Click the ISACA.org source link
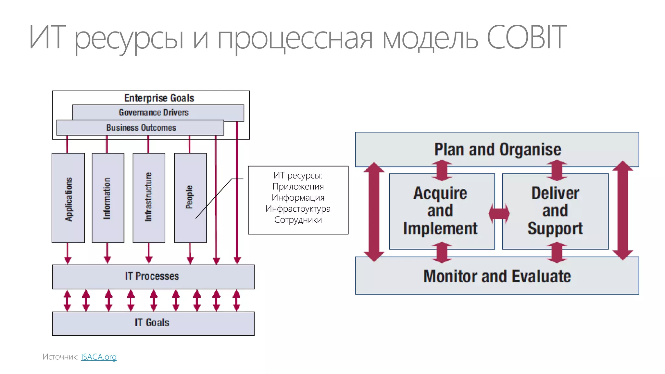[x=99, y=357]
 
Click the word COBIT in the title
[x=527, y=38]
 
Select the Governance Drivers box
[x=154, y=112]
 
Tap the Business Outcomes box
[x=141, y=128]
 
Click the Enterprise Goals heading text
[x=159, y=98]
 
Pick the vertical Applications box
[x=68, y=198]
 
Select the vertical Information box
[x=108, y=198]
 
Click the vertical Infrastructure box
[x=149, y=198]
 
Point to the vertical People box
[x=190, y=198]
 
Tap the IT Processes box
[x=152, y=276]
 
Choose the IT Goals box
[x=152, y=323]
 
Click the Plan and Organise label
[x=497, y=150]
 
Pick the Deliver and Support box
[x=555, y=211]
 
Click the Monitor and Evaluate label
[x=497, y=276]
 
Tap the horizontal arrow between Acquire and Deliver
[x=499, y=214]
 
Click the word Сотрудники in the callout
[x=298, y=220]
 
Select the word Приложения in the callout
[x=298, y=187]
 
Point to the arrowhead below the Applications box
[x=68, y=260]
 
